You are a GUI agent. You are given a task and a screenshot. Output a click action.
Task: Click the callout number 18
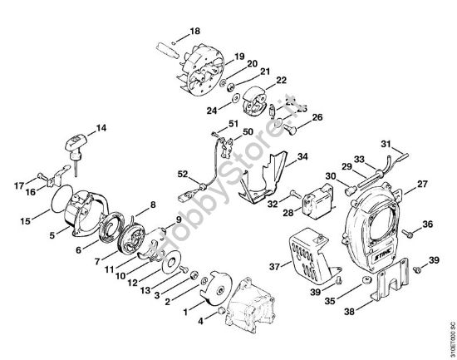(x=194, y=31)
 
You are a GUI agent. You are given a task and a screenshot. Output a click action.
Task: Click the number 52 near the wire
(x=183, y=174)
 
